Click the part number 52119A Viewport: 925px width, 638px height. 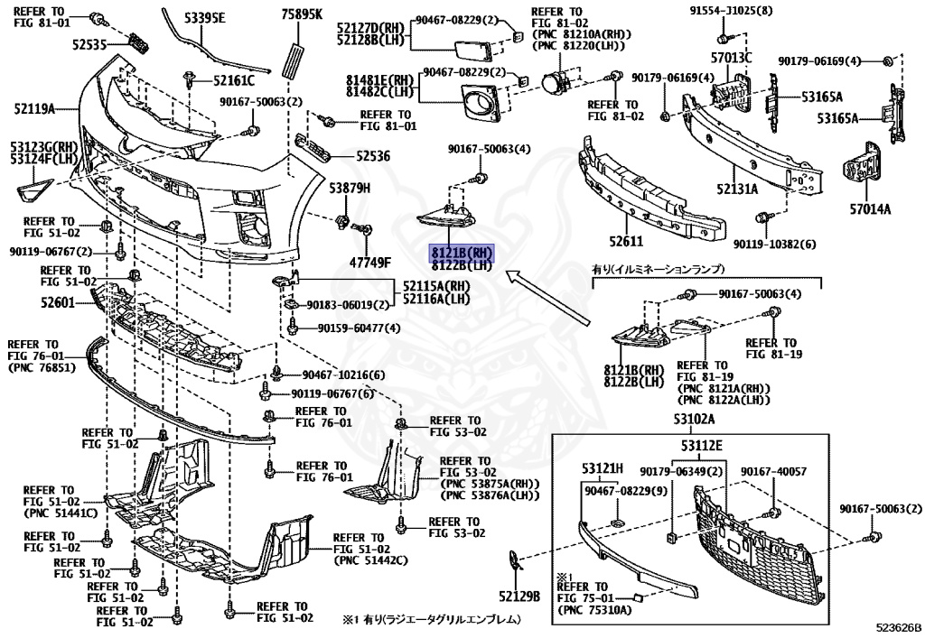(x=34, y=109)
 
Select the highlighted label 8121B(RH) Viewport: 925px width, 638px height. (x=461, y=254)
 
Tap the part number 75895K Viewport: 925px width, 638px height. (x=301, y=14)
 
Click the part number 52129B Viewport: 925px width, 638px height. (x=519, y=596)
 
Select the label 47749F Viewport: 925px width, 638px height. (x=370, y=262)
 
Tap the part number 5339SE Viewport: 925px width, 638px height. (x=206, y=17)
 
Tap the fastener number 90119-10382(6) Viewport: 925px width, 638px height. (x=774, y=245)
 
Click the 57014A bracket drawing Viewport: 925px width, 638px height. (x=864, y=170)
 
